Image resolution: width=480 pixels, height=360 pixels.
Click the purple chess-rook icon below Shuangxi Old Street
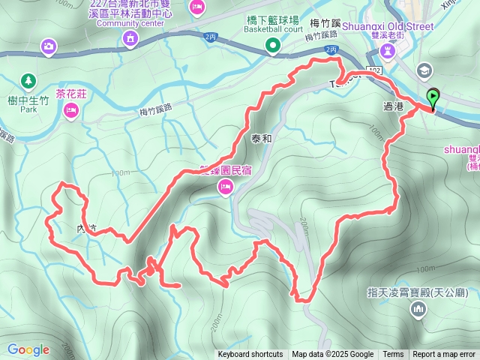coord(387,50)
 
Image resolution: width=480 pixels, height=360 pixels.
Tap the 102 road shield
coord(376,70)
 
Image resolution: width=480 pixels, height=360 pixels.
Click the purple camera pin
coord(49,47)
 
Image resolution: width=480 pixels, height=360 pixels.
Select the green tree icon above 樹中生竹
coord(28,79)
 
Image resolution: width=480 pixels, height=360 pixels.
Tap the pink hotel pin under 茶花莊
coord(71,111)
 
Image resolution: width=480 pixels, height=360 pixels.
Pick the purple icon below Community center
coord(131,38)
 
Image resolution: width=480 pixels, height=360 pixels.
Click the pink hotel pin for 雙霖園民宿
coord(226,190)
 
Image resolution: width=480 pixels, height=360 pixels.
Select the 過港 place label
coord(394,108)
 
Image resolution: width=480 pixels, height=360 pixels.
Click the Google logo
coord(28,349)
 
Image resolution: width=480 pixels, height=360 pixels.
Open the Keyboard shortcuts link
coord(250,355)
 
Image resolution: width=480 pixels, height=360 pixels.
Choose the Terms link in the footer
coord(393,355)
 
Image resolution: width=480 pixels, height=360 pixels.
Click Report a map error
coord(444,355)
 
